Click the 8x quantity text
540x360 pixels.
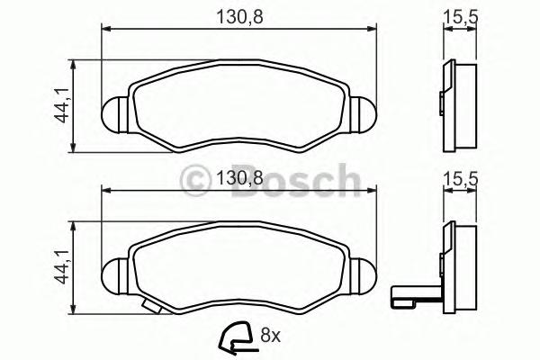pos(270,338)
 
